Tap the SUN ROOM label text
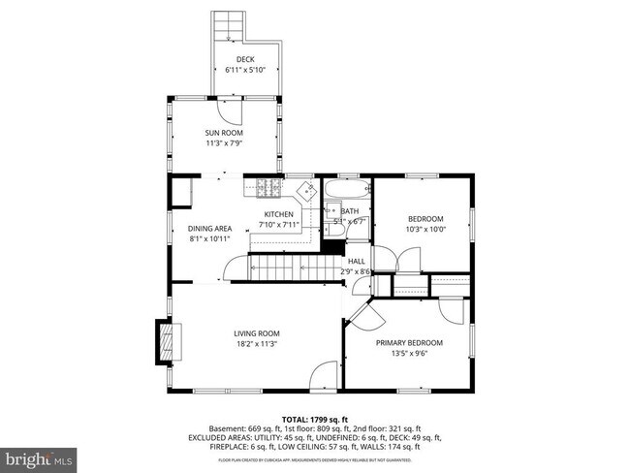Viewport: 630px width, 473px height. coord(223,133)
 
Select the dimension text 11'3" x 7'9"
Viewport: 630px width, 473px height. coord(223,143)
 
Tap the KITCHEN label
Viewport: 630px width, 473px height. coord(279,214)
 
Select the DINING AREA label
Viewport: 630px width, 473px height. coord(209,229)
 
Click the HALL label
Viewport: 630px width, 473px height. coord(357,261)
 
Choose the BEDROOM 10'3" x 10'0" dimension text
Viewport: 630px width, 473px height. coord(425,230)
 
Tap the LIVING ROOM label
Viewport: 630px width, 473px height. coord(256,333)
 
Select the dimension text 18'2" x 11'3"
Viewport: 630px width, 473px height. coord(256,344)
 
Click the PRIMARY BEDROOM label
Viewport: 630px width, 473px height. coord(409,342)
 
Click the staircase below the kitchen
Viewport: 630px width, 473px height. coord(287,266)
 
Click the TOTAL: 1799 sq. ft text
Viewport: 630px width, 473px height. coord(314,418)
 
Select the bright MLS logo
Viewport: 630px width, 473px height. coord(40,457)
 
